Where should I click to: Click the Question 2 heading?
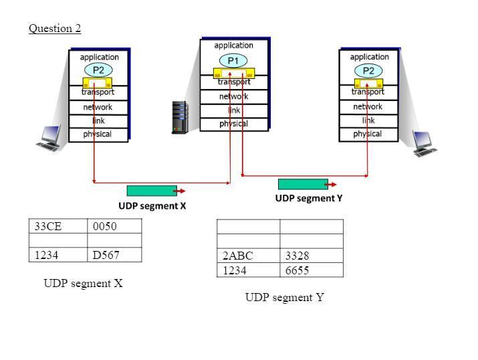tap(55, 28)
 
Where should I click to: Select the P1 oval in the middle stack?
tap(233, 61)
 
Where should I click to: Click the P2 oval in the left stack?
tap(98, 70)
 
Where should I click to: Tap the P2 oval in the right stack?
tap(368, 70)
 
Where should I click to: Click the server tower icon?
tap(180, 116)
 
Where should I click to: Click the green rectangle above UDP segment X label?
tap(152, 191)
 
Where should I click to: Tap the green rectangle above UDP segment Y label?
tap(303, 184)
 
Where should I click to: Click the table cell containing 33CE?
tap(57, 226)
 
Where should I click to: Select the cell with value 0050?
tap(114, 226)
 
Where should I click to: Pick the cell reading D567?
tap(114, 254)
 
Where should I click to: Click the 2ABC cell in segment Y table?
tap(248, 256)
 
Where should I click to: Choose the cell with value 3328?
tap(311, 256)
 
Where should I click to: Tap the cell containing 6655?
tap(311, 270)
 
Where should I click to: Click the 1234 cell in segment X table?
tap(57, 254)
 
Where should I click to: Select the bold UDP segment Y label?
tap(309, 198)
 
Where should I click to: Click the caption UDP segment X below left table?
tap(83, 283)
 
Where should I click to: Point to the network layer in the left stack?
tap(98, 107)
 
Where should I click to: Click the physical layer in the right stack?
tap(368, 134)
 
